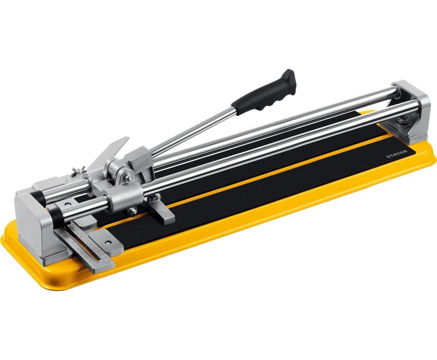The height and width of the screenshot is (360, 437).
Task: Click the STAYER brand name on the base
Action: [396, 154]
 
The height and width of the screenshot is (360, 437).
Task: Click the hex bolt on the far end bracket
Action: [402, 121]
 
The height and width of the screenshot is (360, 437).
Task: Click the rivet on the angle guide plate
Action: [107, 243]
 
